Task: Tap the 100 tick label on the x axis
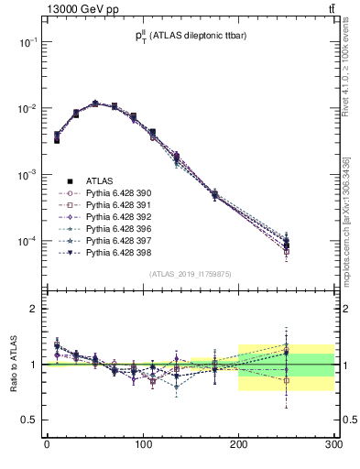(142, 445)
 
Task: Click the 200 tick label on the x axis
(238, 445)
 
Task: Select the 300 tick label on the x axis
(333, 445)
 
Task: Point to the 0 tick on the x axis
(47, 445)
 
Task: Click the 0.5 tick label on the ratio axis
(30, 420)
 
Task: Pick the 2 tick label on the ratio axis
(35, 309)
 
